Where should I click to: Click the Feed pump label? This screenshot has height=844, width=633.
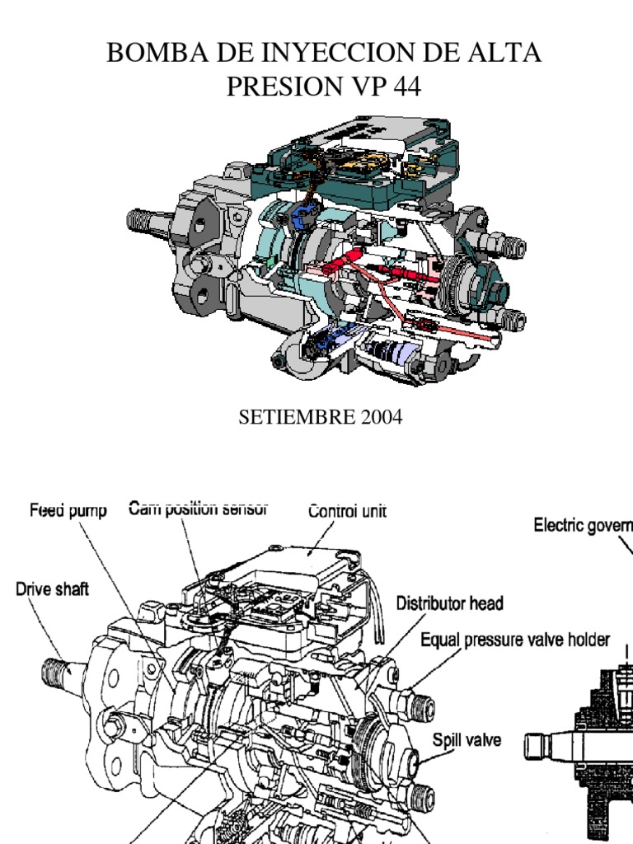pos(68,511)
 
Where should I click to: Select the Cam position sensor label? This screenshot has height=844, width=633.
pos(198,509)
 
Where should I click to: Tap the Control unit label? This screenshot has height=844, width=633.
pos(347,511)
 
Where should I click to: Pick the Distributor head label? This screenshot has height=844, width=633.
pos(450,603)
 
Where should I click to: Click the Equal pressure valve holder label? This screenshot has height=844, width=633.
pos(515,639)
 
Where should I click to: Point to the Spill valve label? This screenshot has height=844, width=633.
pos(467,739)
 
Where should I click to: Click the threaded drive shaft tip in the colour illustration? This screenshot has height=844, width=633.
pos(140,221)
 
